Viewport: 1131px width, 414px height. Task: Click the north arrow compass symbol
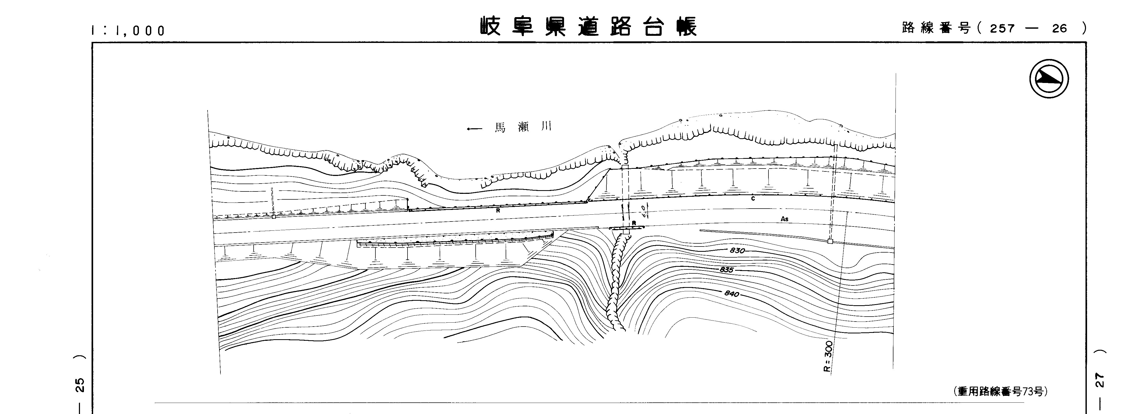[x=1049, y=79]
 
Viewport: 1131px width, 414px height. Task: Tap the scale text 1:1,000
[x=128, y=30]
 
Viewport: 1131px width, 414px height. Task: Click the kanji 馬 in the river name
[x=500, y=128]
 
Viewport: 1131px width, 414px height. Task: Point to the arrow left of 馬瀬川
[x=474, y=129]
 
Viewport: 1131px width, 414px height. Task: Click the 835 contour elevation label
[x=727, y=269]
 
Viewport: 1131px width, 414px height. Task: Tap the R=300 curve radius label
[x=828, y=356]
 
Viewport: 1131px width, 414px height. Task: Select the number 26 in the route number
[x=1059, y=28]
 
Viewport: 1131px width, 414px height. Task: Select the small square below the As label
[x=830, y=241]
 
